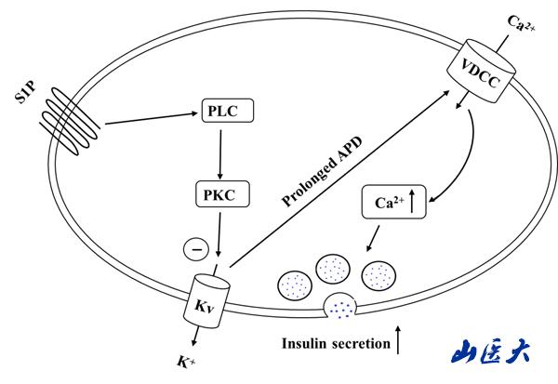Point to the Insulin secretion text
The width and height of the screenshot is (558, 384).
pyautogui.click(x=335, y=344)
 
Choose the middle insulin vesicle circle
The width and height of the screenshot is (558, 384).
pyautogui.click(x=333, y=270)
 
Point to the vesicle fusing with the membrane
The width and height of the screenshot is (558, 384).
pyautogui.click(x=342, y=304)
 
